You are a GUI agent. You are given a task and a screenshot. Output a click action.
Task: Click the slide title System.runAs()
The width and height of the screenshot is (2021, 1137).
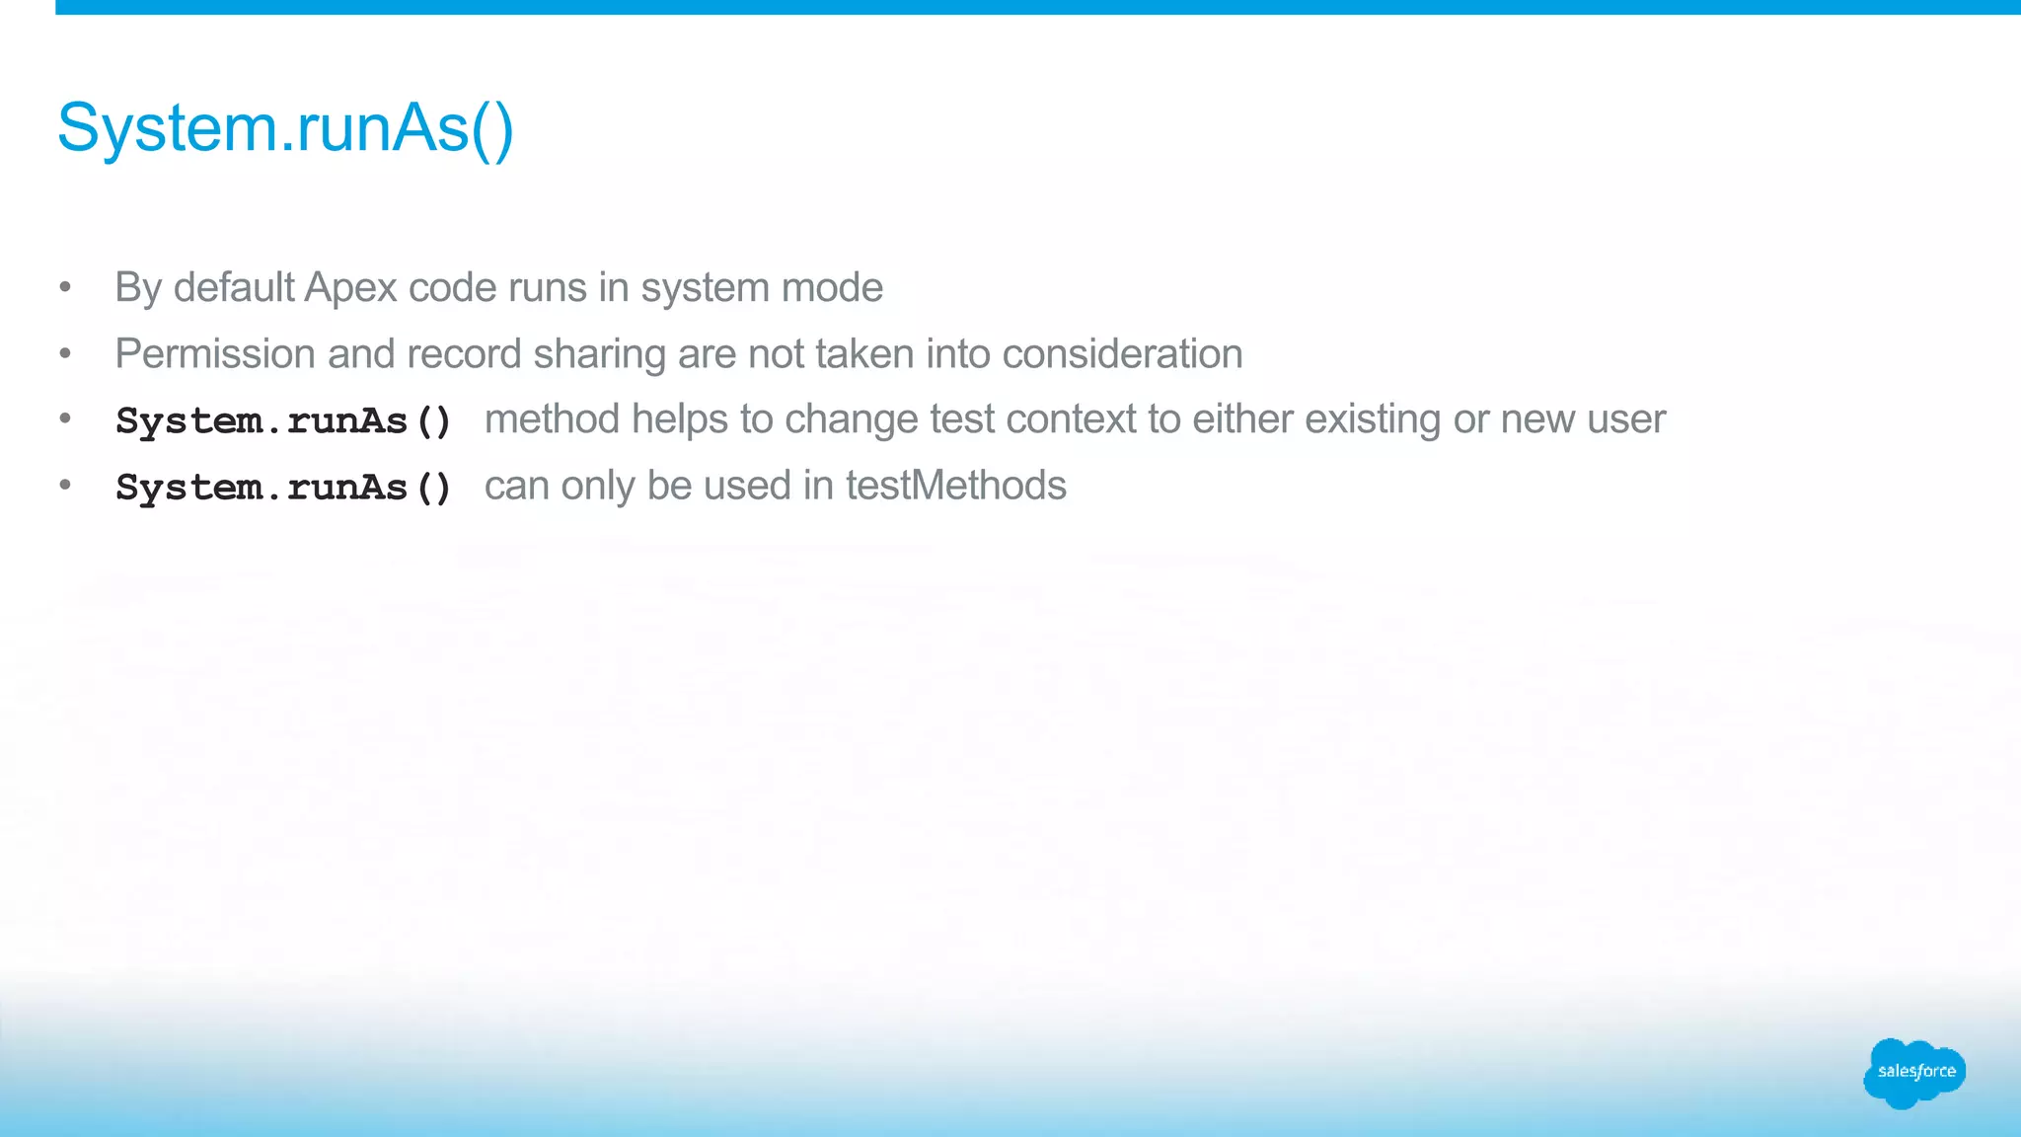point(285,128)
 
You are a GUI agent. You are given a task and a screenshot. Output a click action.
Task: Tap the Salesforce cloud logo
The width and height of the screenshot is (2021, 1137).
point(1914,1072)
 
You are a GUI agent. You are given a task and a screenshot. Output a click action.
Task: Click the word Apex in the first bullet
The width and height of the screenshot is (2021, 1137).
point(350,288)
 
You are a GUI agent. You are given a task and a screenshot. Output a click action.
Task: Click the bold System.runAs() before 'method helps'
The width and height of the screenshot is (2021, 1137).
point(283,421)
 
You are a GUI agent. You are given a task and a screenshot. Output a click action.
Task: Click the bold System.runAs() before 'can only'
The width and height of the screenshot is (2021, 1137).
point(283,488)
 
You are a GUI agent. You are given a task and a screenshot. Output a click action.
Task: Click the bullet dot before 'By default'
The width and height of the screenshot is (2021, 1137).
point(65,287)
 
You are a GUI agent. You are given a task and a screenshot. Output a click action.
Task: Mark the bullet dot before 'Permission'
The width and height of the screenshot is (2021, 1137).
point(65,353)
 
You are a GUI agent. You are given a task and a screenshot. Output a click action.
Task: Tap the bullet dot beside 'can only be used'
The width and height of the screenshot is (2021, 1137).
point(65,485)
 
